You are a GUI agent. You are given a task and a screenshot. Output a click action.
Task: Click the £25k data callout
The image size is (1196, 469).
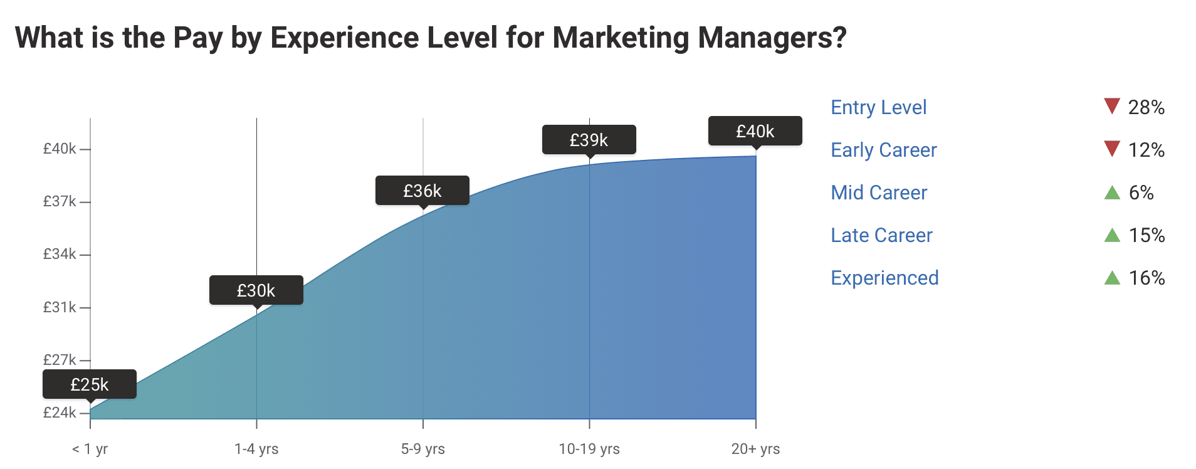(90, 384)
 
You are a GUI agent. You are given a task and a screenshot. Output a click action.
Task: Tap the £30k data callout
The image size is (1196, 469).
(256, 290)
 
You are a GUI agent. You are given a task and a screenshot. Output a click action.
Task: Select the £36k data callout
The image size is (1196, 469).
(422, 191)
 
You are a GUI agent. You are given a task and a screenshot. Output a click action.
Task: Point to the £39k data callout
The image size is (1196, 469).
(589, 140)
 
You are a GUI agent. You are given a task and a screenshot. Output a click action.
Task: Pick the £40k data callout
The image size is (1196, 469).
(755, 131)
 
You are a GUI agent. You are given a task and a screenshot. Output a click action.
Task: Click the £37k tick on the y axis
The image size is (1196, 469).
(60, 201)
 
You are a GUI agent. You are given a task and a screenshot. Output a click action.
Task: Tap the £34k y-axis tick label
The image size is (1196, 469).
(60, 254)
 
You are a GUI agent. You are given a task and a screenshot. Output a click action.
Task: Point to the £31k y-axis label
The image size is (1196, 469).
(60, 307)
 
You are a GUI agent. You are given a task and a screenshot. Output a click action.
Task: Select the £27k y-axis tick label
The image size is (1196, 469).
(60, 360)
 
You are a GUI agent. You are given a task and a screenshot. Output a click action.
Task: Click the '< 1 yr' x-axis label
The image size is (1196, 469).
(90, 449)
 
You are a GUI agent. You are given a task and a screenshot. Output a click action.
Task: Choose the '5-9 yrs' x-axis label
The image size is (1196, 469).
(422, 449)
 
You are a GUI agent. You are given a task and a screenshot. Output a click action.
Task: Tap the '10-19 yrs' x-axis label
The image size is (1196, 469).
(589, 449)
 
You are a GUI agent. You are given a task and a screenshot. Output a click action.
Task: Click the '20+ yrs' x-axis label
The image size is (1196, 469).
(755, 449)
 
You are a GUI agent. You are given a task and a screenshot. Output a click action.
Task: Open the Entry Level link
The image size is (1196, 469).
(878, 107)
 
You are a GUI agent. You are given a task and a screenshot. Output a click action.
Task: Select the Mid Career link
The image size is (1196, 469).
(879, 192)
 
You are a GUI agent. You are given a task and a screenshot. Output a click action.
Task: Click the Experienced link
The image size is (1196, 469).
(884, 278)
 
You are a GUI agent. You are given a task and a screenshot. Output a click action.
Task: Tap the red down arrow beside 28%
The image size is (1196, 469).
(1111, 106)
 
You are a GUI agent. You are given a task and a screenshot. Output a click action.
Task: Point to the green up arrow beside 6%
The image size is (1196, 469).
(1111, 192)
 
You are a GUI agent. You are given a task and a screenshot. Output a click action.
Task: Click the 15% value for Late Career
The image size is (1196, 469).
(1146, 235)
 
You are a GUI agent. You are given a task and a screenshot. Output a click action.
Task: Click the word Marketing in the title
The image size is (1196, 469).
(621, 38)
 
